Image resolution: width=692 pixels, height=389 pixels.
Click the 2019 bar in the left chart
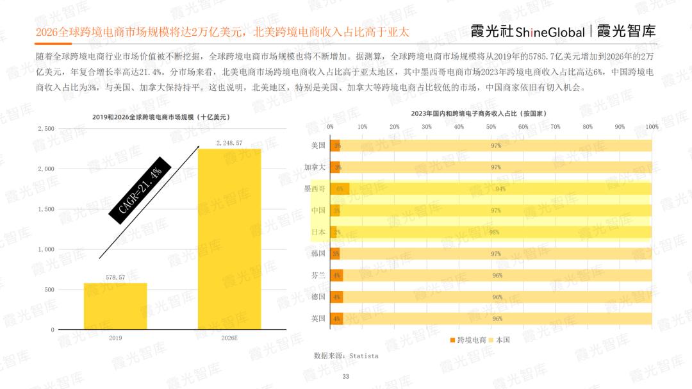[x=115, y=306]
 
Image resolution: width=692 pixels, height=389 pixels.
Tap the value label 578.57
[x=115, y=277]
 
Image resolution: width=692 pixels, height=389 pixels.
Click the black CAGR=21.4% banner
[x=135, y=190]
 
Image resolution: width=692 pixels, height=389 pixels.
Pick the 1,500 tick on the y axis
[x=45, y=209]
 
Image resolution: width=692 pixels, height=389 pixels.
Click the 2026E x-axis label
[x=229, y=338]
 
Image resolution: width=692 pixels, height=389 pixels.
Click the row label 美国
[x=318, y=145]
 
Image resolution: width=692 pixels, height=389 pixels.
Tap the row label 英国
[x=318, y=319]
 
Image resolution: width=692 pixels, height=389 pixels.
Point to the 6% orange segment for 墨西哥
[x=340, y=189]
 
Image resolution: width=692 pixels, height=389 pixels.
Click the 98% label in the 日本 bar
[x=494, y=233]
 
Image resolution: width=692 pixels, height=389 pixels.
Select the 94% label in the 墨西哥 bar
[x=500, y=189]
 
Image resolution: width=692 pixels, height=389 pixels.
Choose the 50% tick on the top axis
[x=491, y=127]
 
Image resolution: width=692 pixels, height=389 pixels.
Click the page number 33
[x=345, y=376]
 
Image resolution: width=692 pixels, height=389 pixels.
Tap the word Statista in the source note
[x=363, y=356]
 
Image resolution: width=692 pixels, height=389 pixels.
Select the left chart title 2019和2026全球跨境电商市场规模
[x=161, y=117]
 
